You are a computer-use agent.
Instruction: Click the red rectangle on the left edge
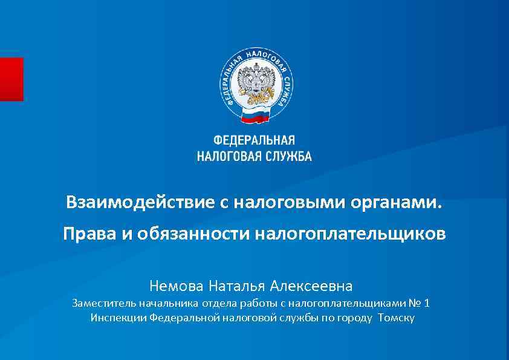pyautogui.click(x=11, y=79)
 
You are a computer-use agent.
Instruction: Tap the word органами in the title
pyautogui.click(x=396, y=201)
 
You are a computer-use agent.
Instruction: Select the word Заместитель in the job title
pyautogui.click(x=104, y=303)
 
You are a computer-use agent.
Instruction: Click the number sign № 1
pyautogui.click(x=423, y=303)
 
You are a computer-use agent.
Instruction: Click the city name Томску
pyautogui.click(x=396, y=317)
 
